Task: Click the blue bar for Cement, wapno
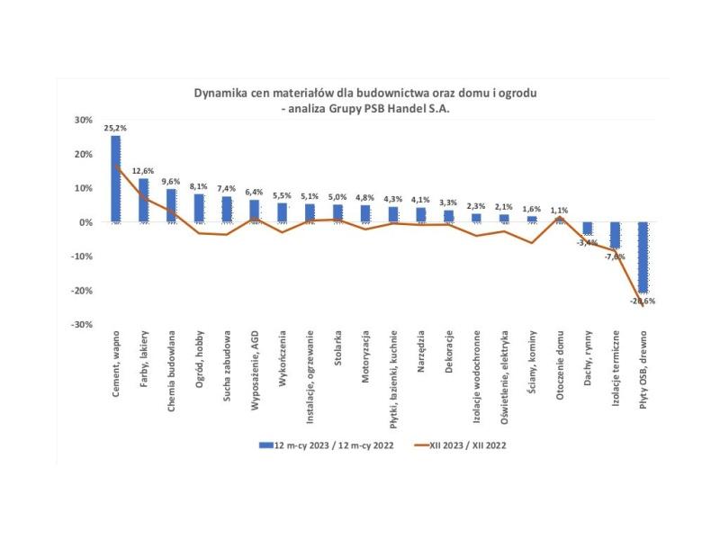tap(116, 178)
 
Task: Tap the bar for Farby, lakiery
tap(144, 200)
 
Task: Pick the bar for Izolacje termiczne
tap(616, 235)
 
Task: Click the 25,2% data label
tap(115, 129)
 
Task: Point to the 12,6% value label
tap(144, 170)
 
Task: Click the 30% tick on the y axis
tap(82, 120)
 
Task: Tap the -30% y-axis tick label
tap(80, 325)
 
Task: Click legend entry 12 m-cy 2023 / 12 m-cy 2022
tap(325, 445)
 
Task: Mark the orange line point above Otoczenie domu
tap(560, 217)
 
